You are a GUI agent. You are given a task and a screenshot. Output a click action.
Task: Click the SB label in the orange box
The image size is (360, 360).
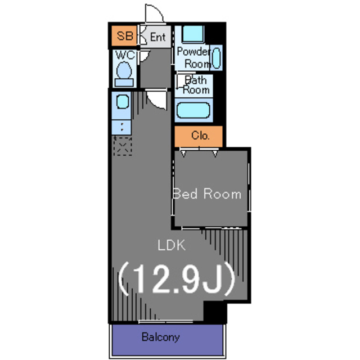tap(125, 36)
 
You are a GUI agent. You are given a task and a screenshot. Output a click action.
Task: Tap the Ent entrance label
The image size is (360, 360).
tap(157, 37)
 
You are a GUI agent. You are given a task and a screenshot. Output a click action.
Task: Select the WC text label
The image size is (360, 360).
tap(125, 55)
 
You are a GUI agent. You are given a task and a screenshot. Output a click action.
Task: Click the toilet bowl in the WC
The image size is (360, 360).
tap(124, 70)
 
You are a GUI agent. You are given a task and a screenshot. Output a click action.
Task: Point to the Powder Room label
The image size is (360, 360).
tap(193, 57)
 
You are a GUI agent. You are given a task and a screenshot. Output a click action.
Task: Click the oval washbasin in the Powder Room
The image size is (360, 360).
tap(216, 58)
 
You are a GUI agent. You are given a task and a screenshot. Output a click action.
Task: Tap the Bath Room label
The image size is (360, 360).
tap(196, 85)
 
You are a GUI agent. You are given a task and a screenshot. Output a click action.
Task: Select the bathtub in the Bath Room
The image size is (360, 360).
tap(193, 110)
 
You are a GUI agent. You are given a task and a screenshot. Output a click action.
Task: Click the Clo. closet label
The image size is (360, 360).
tap(200, 136)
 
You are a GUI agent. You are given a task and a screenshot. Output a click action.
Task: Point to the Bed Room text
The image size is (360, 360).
tap(207, 193)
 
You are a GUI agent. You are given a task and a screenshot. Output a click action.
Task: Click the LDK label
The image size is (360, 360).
tap(172, 245)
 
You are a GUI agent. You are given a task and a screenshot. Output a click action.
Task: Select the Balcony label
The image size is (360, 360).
tap(160, 337)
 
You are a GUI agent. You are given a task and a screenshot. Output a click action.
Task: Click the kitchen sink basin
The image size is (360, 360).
tap(123, 102)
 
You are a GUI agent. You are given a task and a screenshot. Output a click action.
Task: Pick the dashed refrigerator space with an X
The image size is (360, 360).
tap(123, 146)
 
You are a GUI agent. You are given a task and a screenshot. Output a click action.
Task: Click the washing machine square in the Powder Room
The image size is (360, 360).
tap(193, 34)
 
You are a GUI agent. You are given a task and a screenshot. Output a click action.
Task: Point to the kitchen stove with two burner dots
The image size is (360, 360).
tap(121, 127)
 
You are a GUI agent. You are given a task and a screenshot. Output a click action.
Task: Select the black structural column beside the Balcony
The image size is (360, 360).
tap(215, 312)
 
